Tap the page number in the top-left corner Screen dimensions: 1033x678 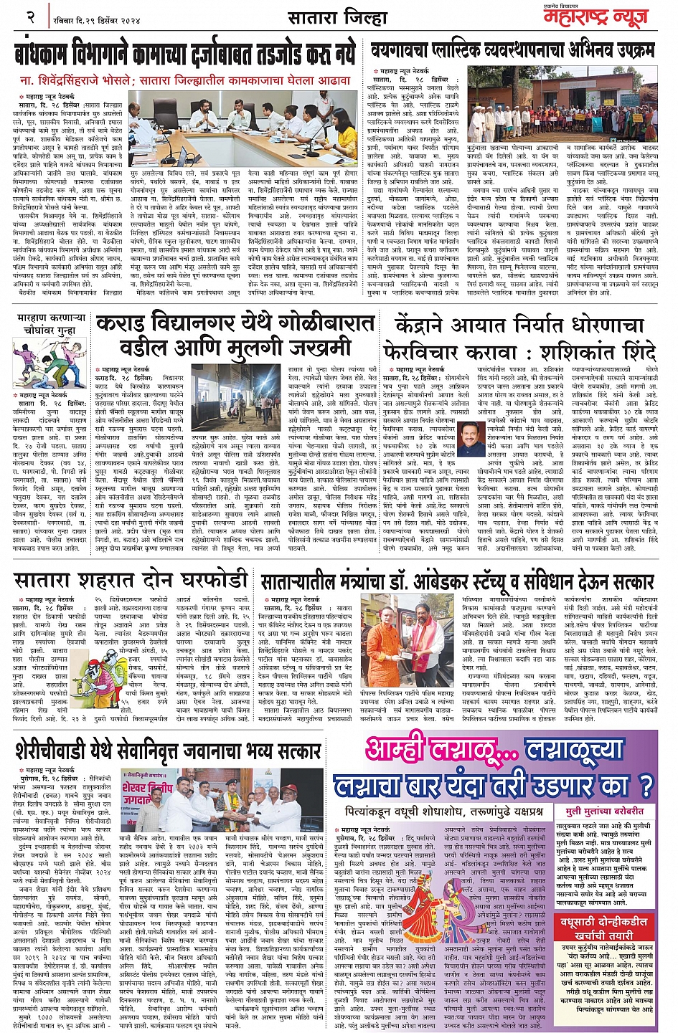[30, 16]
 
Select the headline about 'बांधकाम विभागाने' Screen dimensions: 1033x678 [185, 55]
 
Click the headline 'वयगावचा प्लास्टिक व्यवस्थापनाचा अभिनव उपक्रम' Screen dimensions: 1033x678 [512, 50]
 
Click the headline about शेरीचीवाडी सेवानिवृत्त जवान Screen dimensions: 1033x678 [167, 750]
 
